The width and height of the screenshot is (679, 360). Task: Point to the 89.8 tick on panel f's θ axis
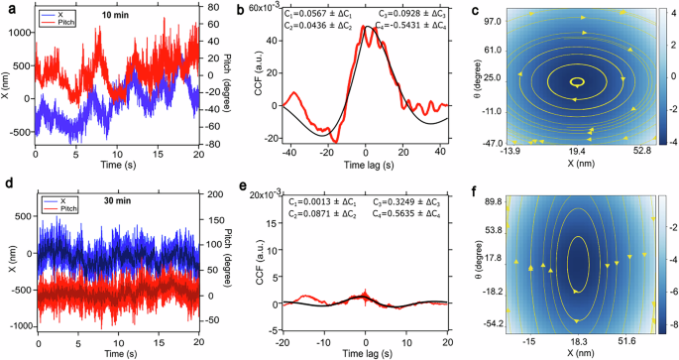point(484,200)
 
